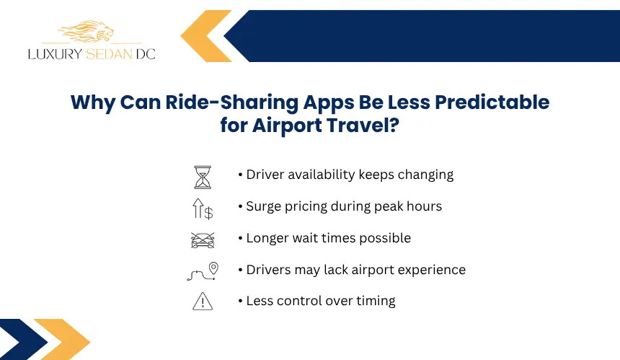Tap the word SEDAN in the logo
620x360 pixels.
point(109,54)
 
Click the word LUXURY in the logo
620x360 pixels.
point(55,54)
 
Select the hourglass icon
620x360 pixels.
point(203,177)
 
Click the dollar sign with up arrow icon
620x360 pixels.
point(203,208)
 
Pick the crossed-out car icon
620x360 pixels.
point(203,240)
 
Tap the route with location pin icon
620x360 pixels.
point(203,271)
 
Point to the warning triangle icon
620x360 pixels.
point(203,302)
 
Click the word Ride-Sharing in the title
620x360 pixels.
point(232,102)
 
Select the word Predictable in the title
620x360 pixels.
point(492,102)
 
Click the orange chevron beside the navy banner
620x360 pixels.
point(205,36)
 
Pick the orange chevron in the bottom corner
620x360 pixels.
point(63,339)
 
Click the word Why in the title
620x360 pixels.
point(93,103)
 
